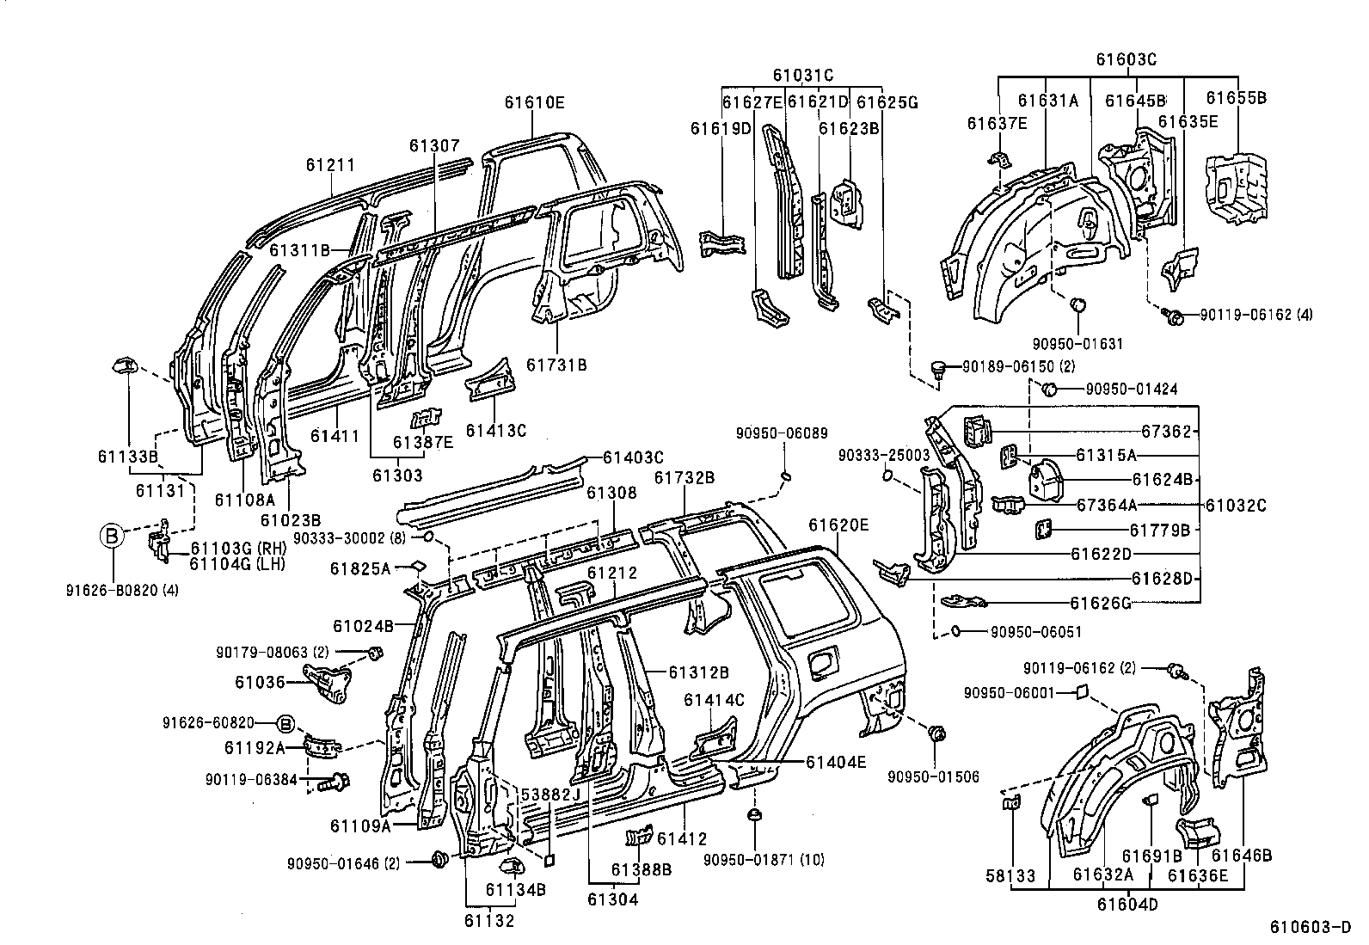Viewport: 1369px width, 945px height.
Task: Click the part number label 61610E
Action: (534, 102)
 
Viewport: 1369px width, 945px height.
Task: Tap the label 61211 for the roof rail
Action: (331, 164)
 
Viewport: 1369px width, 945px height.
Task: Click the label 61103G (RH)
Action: (237, 549)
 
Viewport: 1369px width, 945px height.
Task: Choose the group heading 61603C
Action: (1126, 59)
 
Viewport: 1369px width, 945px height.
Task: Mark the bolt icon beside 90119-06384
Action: (335, 782)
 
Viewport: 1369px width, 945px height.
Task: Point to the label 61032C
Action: (1236, 506)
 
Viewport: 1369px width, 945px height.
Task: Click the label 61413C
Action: (495, 430)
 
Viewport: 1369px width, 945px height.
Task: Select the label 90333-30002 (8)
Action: (349, 537)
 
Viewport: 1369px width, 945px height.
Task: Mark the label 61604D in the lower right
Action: (1128, 905)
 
